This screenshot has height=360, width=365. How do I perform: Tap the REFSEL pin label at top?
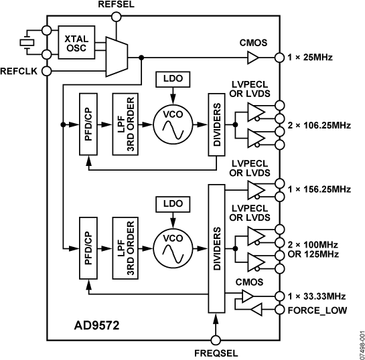click(117, 5)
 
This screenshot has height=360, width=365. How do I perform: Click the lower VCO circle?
click(172, 244)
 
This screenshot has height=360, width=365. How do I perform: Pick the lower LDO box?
click(172, 202)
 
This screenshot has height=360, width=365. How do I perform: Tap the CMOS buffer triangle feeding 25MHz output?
click(252, 59)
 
